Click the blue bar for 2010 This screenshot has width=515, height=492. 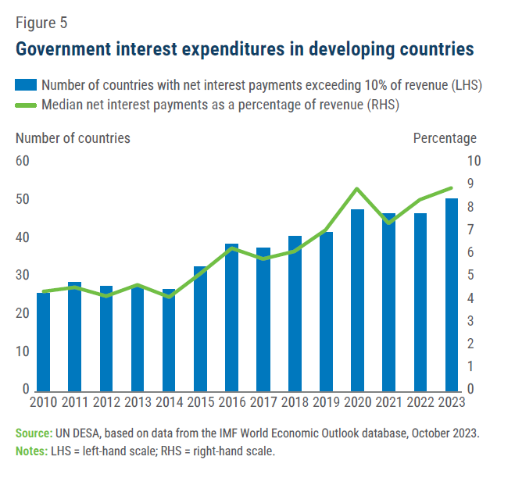(44, 341)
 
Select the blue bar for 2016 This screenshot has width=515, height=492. (231, 317)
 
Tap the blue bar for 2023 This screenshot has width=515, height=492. (451, 294)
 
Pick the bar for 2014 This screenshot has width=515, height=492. (169, 340)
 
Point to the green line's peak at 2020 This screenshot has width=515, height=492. (356, 188)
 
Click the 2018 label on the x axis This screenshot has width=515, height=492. (295, 403)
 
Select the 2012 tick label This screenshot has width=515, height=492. (106, 403)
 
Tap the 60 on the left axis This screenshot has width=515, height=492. (22, 161)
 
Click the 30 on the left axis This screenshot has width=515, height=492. (22, 276)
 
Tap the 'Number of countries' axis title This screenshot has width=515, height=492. (73, 138)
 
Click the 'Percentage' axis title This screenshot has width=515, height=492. (444, 138)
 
